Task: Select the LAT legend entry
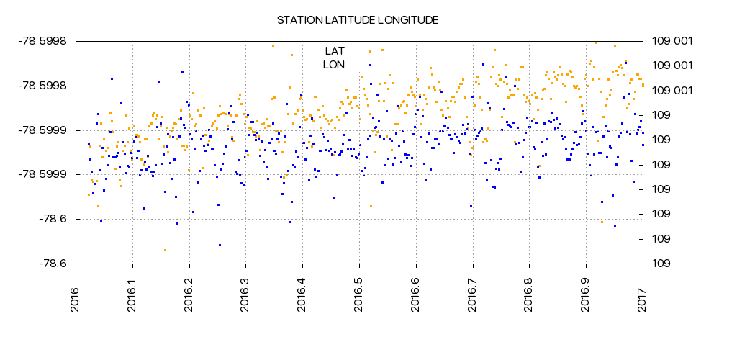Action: point(335,51)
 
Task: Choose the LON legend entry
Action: point(334,65)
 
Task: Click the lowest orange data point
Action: point(165,250)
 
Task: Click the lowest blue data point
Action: point(220,245)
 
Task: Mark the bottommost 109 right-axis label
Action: point(660,264)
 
